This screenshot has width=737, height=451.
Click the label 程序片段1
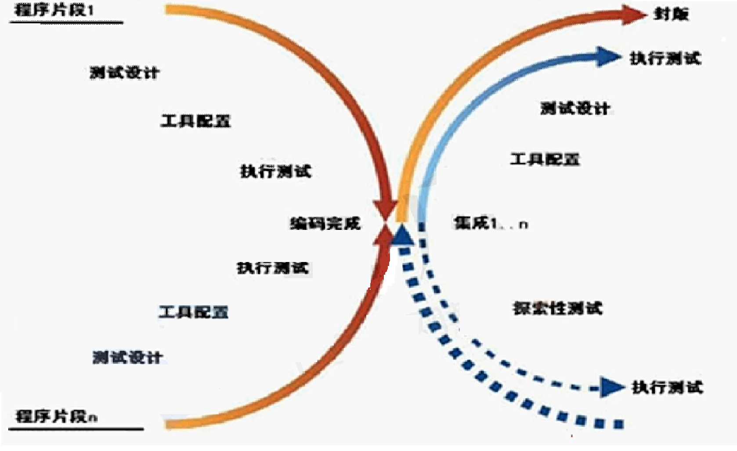pos(54,10)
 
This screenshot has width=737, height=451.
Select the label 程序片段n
pos(57,416)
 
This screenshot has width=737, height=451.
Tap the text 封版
pos(671,14)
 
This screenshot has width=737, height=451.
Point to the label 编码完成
pos(325,223)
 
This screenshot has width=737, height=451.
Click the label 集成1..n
pos(490,223)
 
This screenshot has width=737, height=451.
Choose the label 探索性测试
pos(557,308)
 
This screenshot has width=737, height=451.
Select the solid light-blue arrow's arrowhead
pos(608,57)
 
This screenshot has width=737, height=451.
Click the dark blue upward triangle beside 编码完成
pos(402,236)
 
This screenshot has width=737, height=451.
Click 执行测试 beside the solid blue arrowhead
pos(665,58)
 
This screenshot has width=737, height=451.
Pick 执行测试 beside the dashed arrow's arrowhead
pos(667,387)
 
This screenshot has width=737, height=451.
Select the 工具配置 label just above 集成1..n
pos(545,159)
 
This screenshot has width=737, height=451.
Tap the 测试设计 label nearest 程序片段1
pos(124,72)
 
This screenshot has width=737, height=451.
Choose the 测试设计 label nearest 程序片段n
pos(127,357)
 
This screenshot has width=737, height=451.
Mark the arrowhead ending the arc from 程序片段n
pos(384,236)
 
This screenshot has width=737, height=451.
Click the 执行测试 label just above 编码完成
pos(276,171)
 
